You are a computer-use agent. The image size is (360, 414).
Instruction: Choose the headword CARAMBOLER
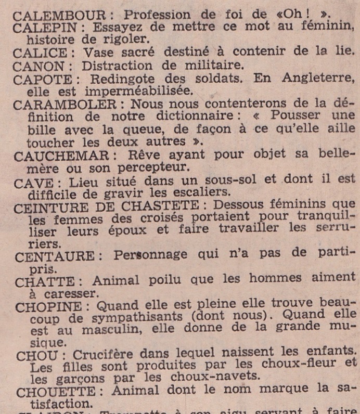pyautogui.click(x=58, y=104)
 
